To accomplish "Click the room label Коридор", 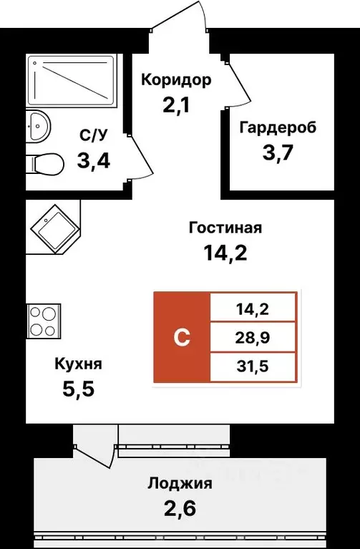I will [176, 79].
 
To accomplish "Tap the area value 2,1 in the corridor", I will [176, 108].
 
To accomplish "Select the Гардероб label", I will [277, 128].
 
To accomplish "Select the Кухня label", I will [78, 364].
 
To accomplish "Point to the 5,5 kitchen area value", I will [78, 390].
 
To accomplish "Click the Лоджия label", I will [180, 483].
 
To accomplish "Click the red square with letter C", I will [182, 337].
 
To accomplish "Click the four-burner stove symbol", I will [42, 321].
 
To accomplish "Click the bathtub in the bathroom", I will [71, 80].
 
